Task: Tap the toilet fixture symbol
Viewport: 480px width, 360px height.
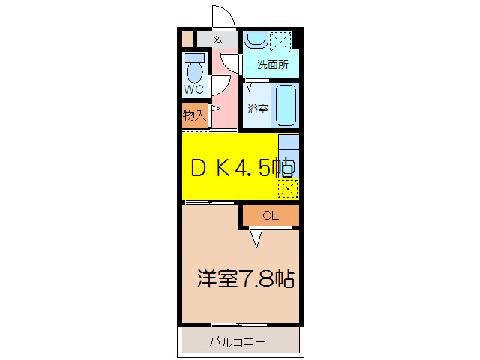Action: tap(195, 70)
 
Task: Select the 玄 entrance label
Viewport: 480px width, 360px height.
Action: tap(217, 38)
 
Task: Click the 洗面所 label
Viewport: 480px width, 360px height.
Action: tap(272, 64)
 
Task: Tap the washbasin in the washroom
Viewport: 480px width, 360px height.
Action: tap(255, 40)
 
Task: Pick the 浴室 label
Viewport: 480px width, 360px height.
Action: tap(258, 108)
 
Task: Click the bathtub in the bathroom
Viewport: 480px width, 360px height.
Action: tap(286, 105)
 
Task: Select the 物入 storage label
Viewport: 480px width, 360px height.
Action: tap(194, 115)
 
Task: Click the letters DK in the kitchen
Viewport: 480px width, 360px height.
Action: tap(211, 169)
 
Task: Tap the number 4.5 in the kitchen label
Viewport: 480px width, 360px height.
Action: tap(253, 169)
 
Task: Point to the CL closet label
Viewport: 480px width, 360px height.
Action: tap(271, 216)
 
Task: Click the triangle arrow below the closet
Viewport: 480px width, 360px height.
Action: tap(257, 238)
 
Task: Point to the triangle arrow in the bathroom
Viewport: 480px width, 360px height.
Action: tap(250, 87)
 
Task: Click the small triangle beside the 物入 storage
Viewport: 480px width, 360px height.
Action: tap(214, 109)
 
